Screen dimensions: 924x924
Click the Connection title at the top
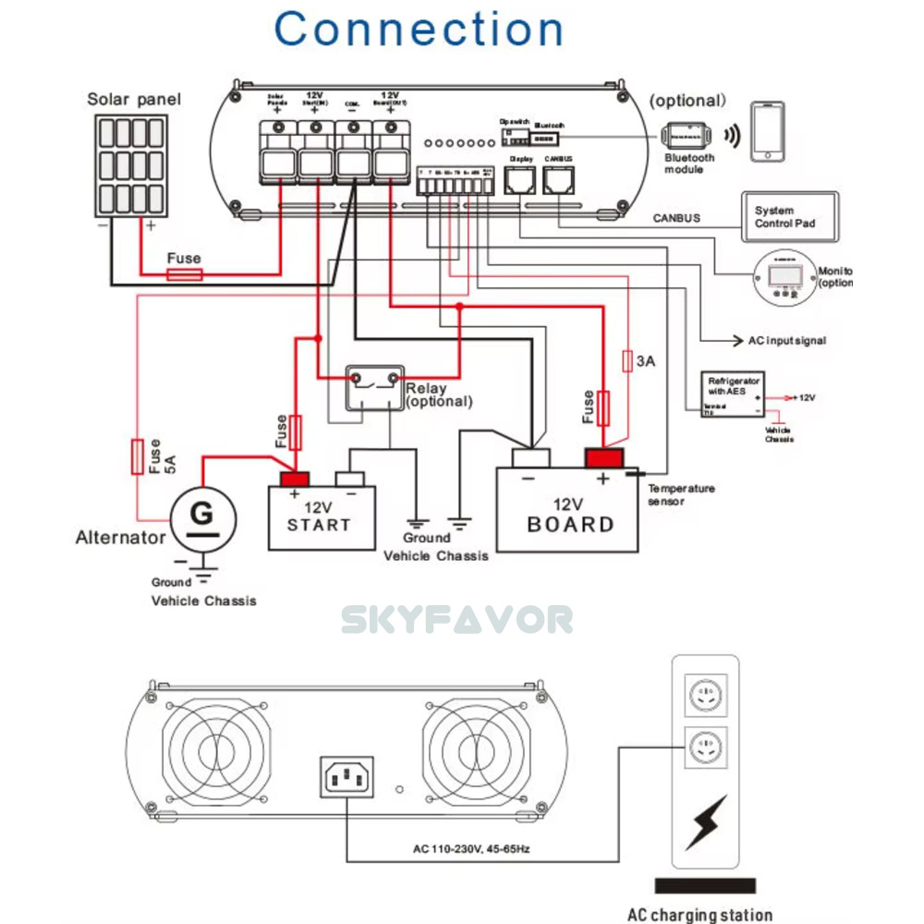pos(419,30)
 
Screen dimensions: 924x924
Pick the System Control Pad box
pos(791,218)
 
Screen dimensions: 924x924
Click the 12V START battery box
pos(322,517)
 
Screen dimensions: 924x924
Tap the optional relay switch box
pos(373,386)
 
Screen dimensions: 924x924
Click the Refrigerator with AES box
pos(734,395)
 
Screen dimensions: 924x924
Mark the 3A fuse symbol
pos(627,361)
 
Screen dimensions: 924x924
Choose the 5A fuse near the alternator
pos(138,456)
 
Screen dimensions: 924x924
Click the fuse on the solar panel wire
pos(184,274)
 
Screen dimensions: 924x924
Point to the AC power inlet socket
pos(348,776)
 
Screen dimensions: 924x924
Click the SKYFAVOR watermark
pos(457,620)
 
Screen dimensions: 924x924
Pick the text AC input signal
pos(785,341)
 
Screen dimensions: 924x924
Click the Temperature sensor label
pos(681,494)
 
